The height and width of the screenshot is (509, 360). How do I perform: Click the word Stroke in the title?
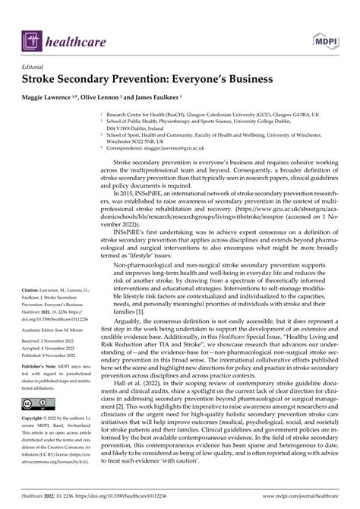point(45,78)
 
